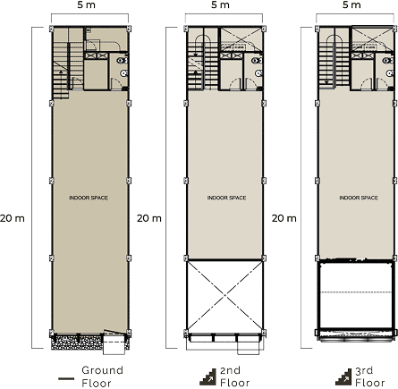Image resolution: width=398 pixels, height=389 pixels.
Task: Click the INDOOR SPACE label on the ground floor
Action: pos(89,198)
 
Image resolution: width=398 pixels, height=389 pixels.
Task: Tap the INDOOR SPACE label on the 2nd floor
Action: pos(226,198)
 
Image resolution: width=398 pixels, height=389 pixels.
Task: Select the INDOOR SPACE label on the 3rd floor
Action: pos(359,198)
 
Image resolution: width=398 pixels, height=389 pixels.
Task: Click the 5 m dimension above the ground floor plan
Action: pos(86,4)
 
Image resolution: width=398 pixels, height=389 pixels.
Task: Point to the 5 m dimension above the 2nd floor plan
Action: pos(220,4)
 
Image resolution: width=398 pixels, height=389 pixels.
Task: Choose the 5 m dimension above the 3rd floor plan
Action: pos(351,4)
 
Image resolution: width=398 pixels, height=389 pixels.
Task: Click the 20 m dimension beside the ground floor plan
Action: pos(13,218)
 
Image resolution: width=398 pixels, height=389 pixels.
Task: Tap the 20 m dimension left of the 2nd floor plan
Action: pos(149,218)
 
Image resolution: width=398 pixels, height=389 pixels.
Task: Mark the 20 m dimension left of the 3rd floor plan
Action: pos(284,218)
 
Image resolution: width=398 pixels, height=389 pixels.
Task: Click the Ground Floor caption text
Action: pos(102,376)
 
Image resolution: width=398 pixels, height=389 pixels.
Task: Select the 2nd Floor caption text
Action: pos(234,376)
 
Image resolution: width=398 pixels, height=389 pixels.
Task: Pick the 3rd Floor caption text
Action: pos(369,376)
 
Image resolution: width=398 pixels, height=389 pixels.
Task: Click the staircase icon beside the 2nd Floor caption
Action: pos(208,376)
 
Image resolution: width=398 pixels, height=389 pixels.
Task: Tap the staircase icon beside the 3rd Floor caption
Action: pos(343,376)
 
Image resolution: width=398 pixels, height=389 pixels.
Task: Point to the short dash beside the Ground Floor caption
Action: pos(66,378)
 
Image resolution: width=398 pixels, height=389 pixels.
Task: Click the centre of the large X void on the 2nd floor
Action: pos(224,296)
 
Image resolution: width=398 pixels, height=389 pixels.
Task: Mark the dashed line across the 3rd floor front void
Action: pos(356,292)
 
